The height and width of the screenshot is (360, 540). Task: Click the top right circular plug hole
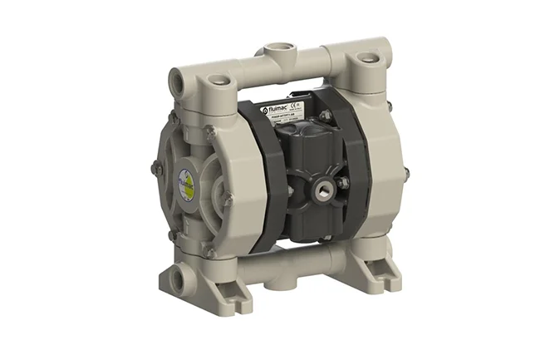(x=366, y=59)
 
